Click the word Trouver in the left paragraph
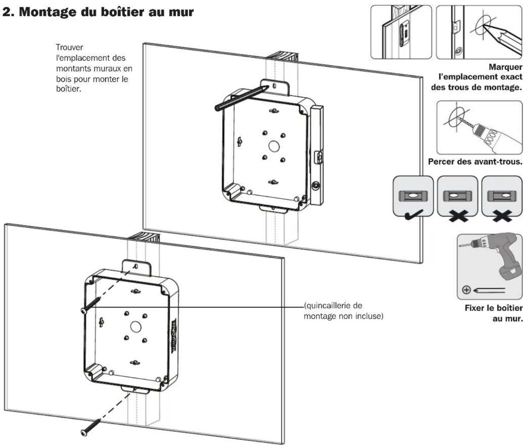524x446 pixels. click(69, 47)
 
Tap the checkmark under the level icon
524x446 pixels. click(414, 215)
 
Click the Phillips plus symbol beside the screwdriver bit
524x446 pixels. click(466, 290)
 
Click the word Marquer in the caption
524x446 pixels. click(505, 67)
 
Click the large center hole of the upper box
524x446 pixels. click(274, 146)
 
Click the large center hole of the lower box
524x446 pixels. click(135, 327)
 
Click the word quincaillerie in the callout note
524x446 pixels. click(333, 306)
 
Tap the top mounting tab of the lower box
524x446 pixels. click(137, 267)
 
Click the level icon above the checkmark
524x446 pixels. click(413, 196)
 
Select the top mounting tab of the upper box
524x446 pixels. click(275, 87)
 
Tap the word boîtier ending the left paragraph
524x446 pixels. click(68, 89)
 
